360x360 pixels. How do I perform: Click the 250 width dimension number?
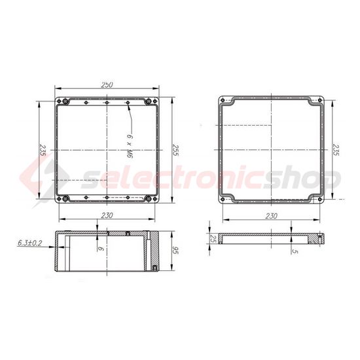tap(107, 84)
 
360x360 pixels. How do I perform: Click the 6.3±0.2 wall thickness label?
tap(30, 243)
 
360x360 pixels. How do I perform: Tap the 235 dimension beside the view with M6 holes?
tap(43, 150)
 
